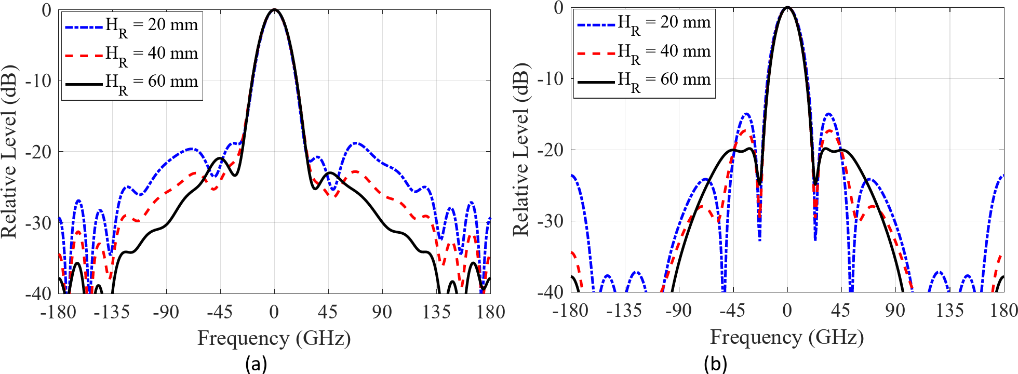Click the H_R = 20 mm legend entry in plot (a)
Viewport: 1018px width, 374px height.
click(x=132, y=25)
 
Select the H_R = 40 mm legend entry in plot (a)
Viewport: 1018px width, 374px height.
click(x=132, y=54)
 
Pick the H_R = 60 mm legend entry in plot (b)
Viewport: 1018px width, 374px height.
click(x=645, y=81)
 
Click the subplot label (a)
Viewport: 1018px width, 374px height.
click(x=256, y=364)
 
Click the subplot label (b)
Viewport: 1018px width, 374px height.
click(x=715, y=364)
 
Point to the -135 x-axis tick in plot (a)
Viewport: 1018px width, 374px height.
click(x=112, y=312)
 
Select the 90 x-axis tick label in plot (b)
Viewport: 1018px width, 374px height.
click(x=895, y=311)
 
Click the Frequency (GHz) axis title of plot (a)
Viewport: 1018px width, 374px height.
click(x=274, y=339)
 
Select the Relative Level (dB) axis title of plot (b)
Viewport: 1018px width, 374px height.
click(x=521, y=150)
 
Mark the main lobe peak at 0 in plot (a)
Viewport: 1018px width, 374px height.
click(x=275, y=10)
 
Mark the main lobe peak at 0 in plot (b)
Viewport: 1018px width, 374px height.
click(x=787, y=7)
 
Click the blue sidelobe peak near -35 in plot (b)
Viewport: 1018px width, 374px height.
click(x=746, y=114)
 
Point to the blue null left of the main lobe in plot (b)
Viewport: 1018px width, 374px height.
click(x=759, y=239)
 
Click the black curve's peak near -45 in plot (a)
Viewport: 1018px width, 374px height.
click(x=220, y=157)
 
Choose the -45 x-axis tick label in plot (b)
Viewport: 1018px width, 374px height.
click(x=732, y=311)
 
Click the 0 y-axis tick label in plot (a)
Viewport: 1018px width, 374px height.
click(x=47, y=10)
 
